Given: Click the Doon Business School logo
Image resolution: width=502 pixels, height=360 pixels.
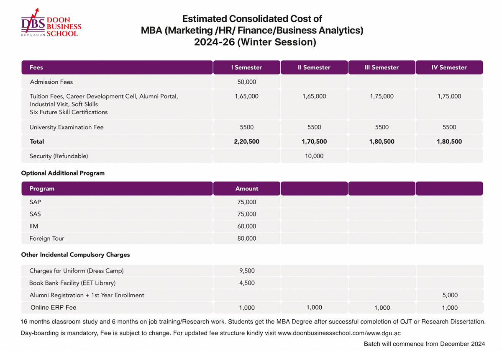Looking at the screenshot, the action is [x=51, y=23].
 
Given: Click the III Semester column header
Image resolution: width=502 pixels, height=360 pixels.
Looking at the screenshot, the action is [x=382, y=67].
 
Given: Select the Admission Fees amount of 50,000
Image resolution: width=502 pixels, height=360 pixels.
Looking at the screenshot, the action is [x=246, y=82].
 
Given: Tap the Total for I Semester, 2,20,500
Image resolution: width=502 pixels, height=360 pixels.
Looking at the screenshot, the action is [x=246, y=141].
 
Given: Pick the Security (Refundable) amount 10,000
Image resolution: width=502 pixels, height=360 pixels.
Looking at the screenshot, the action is [x=314, y=156].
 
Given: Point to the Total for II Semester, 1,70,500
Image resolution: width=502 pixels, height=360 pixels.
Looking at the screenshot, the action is [x=314, y=141].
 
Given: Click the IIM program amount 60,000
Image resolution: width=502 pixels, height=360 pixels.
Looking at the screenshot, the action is [x=246, y=226].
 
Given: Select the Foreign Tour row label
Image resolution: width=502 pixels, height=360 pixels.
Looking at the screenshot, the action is [x=47, y=238].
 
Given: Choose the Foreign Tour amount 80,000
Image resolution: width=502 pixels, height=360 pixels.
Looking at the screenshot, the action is [x=246, y=238].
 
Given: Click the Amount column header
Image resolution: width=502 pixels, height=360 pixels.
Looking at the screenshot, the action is [x=247, y=189].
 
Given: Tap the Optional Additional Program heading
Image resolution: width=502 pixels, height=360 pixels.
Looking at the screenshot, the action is [x=63, y=173].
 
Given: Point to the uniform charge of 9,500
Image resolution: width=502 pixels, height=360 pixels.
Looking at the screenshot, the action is [x=247, y=271].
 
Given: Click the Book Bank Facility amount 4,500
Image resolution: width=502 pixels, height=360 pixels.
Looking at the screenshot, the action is [x=247, y=283].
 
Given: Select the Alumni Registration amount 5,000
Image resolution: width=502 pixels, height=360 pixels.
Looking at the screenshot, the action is [x=450, y=295].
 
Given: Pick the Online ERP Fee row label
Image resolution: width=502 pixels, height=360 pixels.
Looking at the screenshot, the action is [x=54, y=307].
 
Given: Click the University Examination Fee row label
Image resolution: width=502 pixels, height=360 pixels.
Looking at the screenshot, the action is [x=67, y=127].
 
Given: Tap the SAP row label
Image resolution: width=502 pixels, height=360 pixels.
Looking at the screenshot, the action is [x=35, y=202].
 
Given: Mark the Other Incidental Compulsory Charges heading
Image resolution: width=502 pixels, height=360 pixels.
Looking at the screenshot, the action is [x=75, y=255].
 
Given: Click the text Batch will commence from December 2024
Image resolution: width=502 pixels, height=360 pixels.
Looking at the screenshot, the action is [x=424, y=344].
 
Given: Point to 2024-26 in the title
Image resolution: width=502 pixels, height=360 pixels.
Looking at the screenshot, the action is [x=214, y=42].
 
